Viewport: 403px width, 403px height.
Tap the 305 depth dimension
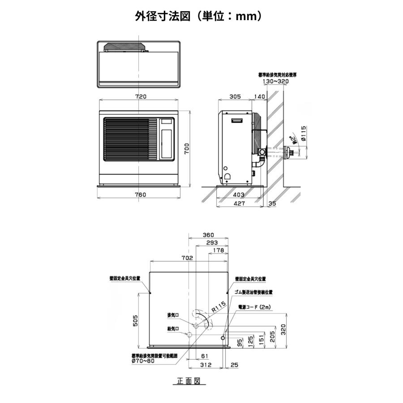click(235, 96)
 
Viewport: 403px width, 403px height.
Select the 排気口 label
click(173, 315)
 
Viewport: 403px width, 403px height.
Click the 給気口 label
click(173, 329)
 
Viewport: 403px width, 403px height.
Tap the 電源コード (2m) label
click(254, 307)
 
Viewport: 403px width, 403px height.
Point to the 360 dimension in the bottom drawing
click(208, 235)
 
